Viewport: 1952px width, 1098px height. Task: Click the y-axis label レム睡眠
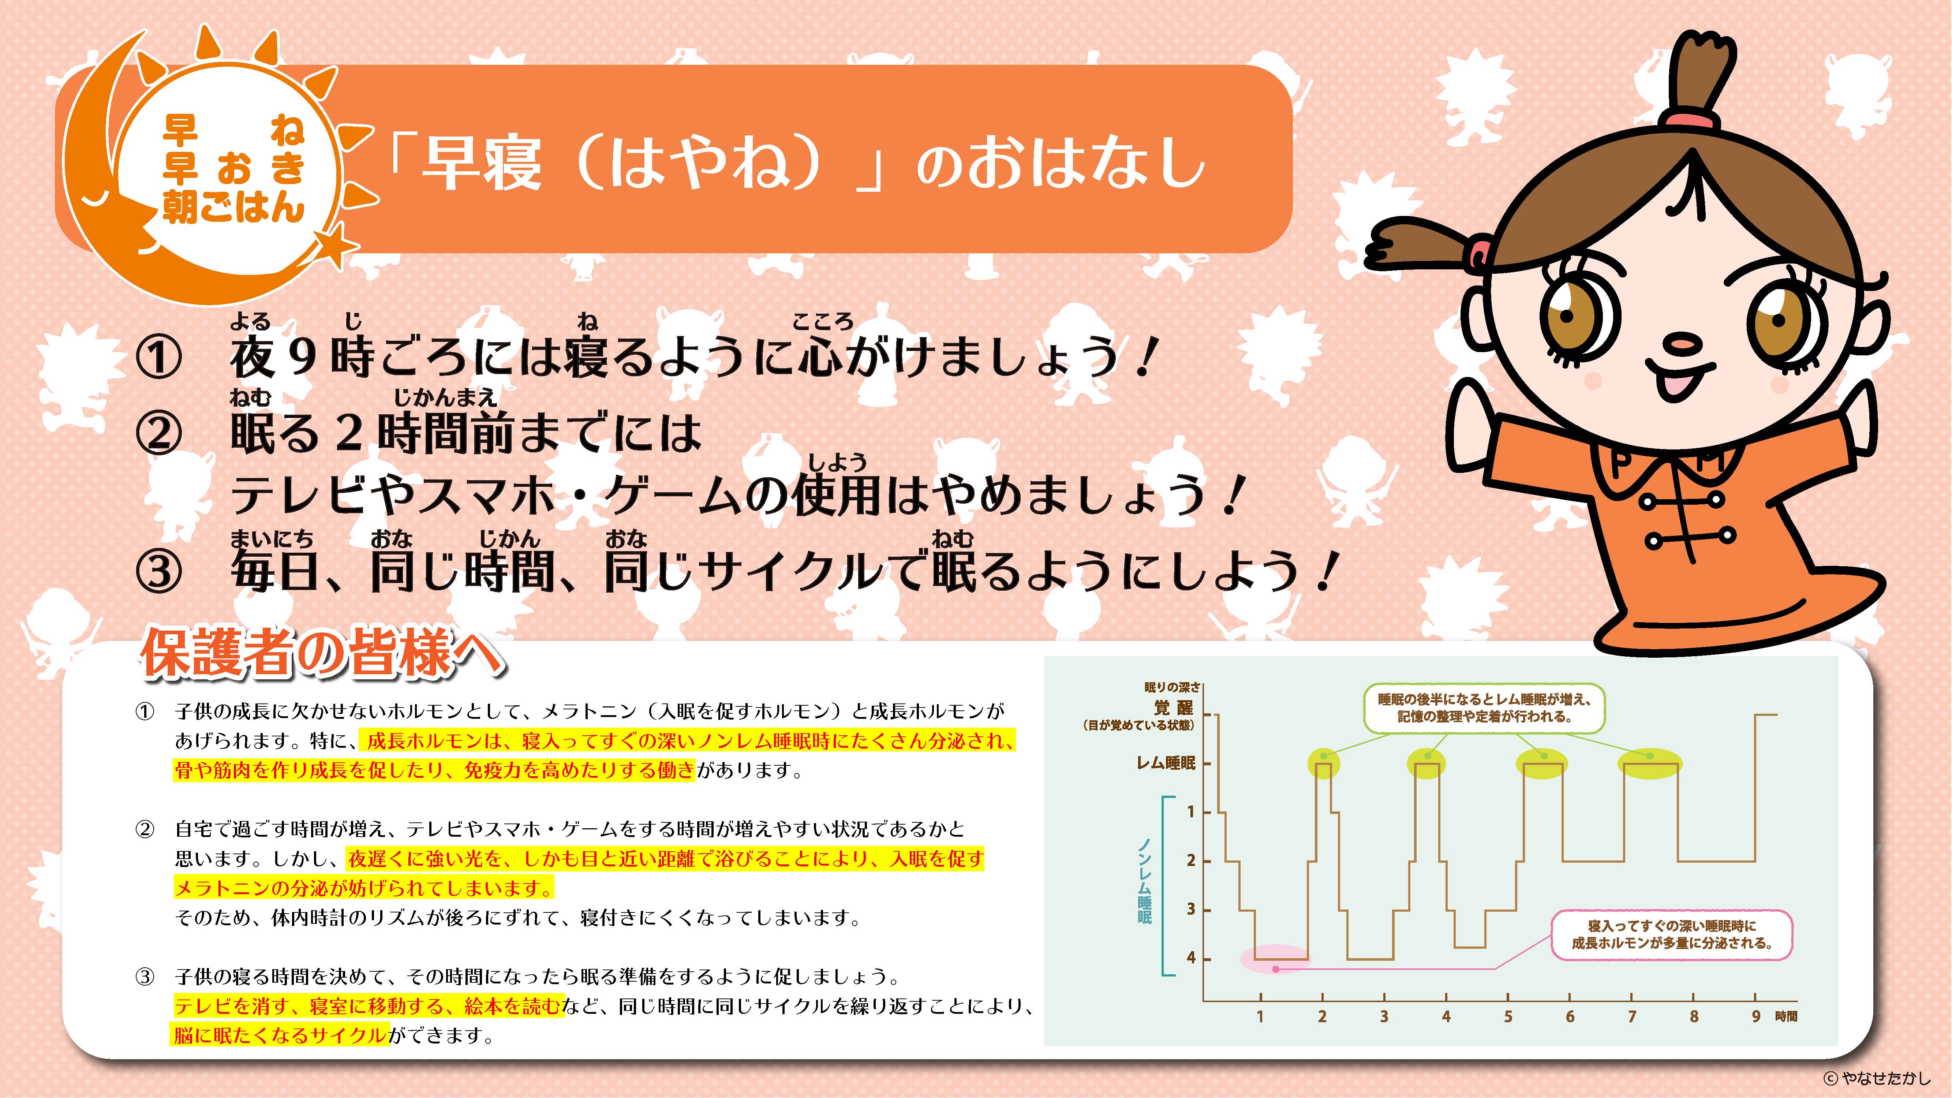click(x=1166, y=763)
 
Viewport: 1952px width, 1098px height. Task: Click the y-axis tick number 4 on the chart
click(x=1191, y=958)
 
